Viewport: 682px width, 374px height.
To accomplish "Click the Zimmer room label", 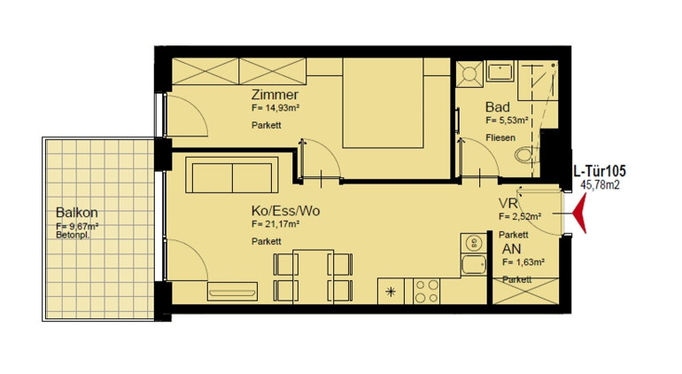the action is pos(275,95).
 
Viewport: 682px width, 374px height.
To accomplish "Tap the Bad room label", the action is pos(498,106).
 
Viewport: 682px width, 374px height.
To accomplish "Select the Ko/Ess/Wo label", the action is pos(285,211).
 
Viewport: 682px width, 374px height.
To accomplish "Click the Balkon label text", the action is pos(76,213).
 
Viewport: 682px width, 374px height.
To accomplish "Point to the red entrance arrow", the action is pos(580,214).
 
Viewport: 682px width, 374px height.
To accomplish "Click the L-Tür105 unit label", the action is pos(600,171).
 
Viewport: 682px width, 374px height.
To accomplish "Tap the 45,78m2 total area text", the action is pos(600,184).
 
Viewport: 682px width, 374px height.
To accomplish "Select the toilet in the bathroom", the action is pos(523,154).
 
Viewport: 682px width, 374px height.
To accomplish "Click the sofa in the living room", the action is pos(232,175).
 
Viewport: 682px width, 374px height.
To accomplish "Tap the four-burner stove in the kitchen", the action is pos(427,291).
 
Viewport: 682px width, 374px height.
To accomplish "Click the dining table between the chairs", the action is pos(314,276).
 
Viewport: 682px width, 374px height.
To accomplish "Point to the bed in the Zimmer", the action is pos(383,104).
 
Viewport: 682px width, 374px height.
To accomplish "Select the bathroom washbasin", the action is pos(500,71).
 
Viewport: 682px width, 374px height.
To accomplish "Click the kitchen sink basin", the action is pos(474,264).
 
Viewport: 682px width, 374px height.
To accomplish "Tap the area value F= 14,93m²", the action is pos(275,108).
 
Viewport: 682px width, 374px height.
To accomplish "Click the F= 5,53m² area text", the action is pos(508,120).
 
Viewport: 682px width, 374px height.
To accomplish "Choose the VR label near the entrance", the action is pos(508,203).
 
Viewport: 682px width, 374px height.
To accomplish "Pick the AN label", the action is pos(512,249).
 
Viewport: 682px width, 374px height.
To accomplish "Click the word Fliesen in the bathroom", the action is pos(500,137).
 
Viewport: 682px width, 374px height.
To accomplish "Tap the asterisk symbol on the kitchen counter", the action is pos(391,292).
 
